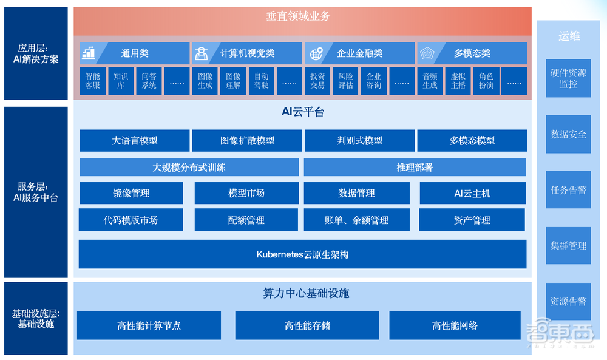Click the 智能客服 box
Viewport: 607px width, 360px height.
[92, 81]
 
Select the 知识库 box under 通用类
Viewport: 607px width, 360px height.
[120, 81]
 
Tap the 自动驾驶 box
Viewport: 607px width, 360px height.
[261, 81]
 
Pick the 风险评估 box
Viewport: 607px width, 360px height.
[345, 81]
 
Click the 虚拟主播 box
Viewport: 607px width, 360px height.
[458, 81]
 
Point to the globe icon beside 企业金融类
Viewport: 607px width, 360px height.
[316, 53]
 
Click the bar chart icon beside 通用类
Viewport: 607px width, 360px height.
[89, 53]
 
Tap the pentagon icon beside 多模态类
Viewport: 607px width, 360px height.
[427, 53]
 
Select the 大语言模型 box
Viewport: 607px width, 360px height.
[134, 140]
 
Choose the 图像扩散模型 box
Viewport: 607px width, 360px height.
[247, 140]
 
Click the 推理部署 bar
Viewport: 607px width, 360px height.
[415, 168]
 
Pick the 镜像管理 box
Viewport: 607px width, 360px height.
[131, 193]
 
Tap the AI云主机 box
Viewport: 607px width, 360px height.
[472, 193]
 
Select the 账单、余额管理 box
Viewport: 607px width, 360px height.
[357, 220]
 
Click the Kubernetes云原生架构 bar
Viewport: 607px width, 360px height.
[302, 254]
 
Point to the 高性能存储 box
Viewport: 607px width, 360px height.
[307, 325]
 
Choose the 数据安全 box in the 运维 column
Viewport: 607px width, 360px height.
[568, 134]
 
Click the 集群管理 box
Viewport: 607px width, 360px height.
[568, 245]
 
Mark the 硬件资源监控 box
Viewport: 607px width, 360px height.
[568, 78]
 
